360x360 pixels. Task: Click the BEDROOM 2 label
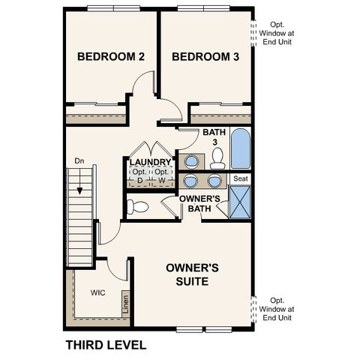pos(111,57)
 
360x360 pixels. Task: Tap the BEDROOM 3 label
pos(205,57)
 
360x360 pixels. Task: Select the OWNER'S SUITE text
pos(192,274)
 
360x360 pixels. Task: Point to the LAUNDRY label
pos(150,162)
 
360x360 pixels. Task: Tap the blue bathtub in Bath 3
pos(240,149)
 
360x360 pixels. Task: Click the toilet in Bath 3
pos(217,158)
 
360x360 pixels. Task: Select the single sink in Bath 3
pos(192,160)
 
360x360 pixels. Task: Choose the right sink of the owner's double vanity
pos(215,181)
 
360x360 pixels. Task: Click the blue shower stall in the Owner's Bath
pos(240,202)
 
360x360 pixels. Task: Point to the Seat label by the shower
pos(240,178)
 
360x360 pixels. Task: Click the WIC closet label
pos(97,293)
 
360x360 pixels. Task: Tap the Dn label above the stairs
pos(79,161)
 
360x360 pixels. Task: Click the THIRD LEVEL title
pos(105,345)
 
